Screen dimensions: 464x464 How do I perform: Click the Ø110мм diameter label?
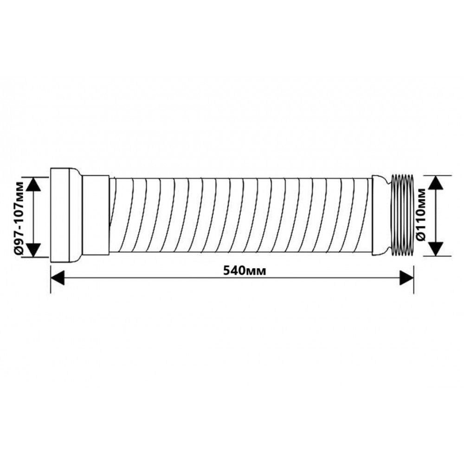point(421,215)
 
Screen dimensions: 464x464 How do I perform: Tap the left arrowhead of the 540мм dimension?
point(58,278)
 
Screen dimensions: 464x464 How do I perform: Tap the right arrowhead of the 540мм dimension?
point(406,278)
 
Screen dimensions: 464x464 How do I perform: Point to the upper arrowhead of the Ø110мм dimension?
point(436,182)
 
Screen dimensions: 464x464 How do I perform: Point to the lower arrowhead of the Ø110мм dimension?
point(436,249)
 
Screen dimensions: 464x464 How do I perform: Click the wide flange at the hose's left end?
point(64,215)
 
